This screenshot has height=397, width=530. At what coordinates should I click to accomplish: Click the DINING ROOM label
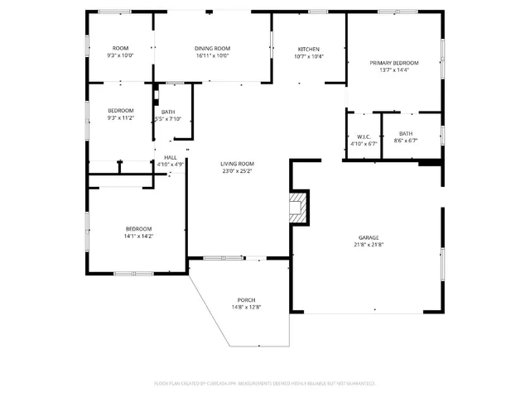(212, 49)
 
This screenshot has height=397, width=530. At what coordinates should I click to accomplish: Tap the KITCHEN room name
(309, 49)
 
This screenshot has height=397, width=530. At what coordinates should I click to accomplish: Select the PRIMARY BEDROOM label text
(394, 63)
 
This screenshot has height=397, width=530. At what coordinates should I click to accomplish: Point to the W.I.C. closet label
(363, 136)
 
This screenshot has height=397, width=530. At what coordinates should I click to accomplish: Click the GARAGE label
(369, 237)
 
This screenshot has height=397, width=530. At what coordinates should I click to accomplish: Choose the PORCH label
(246, 299)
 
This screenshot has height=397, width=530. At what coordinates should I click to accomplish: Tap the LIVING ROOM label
(238, 164)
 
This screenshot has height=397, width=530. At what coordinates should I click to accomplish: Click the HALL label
(170, 157)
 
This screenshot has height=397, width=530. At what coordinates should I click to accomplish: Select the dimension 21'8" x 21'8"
(369, 245)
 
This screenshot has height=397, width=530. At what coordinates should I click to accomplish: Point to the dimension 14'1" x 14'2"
(139, 237)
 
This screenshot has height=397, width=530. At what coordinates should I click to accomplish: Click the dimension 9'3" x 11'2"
(121, 118)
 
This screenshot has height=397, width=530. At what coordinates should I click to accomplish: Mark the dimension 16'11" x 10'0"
(212, 56)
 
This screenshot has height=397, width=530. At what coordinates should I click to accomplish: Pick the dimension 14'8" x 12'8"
(246, 307)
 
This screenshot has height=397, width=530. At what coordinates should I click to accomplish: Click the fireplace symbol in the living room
(300, 208)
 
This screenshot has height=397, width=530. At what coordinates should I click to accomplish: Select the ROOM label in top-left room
(121, 49)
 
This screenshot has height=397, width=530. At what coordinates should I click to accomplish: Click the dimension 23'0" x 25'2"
(238, 171)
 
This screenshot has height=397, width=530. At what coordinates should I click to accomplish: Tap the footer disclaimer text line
(265, 383)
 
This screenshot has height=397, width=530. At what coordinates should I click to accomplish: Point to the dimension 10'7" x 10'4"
(309, 56)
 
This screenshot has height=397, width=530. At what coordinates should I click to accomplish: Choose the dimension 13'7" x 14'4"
(394, 70)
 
